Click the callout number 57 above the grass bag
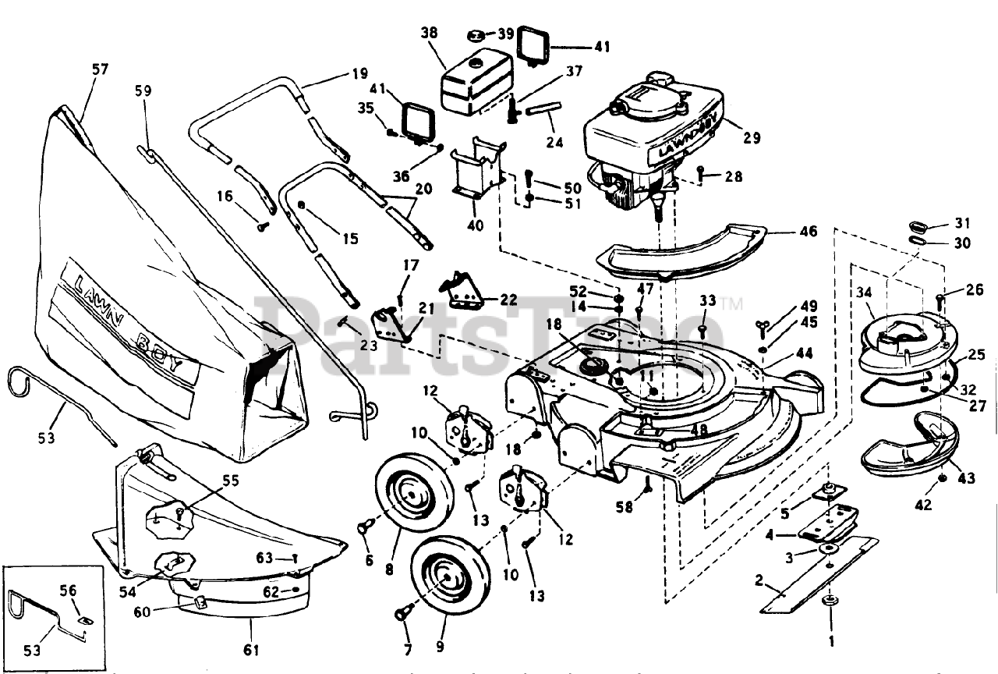point(101,69)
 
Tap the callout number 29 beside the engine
point(752,138)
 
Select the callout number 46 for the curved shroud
point(809,231)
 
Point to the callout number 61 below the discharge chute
point(251,650)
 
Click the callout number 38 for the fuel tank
point(429,33)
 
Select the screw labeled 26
point(940,303)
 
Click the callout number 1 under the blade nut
point(831,641)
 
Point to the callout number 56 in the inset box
point(68,591)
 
